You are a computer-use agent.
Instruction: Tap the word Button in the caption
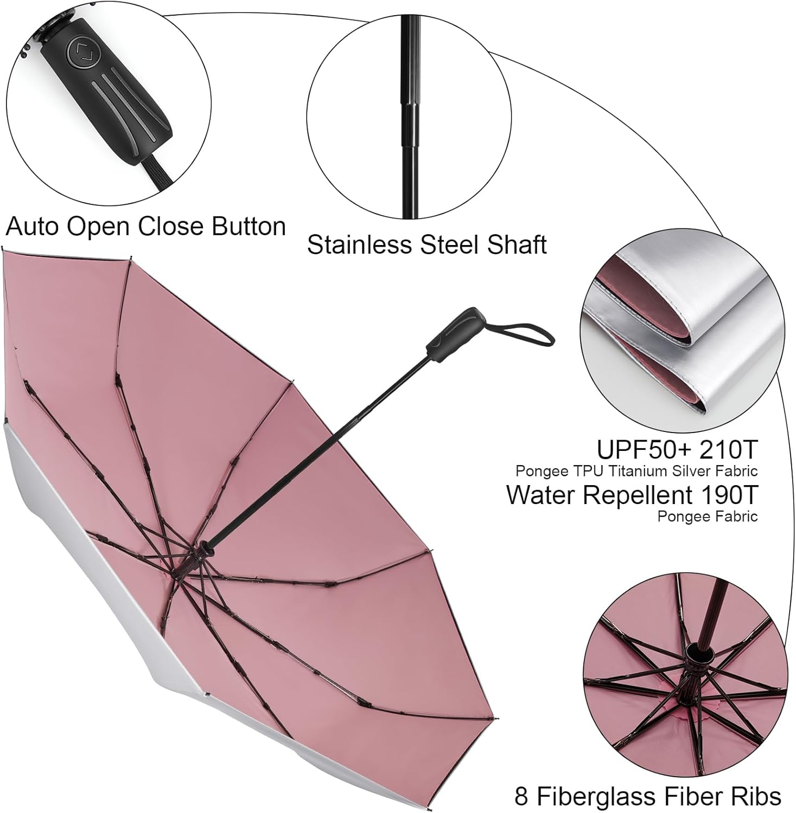[x=249, y=227]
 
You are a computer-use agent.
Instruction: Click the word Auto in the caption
[x=33, y=227]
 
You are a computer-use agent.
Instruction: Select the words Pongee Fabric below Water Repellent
[x=707, y=517]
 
